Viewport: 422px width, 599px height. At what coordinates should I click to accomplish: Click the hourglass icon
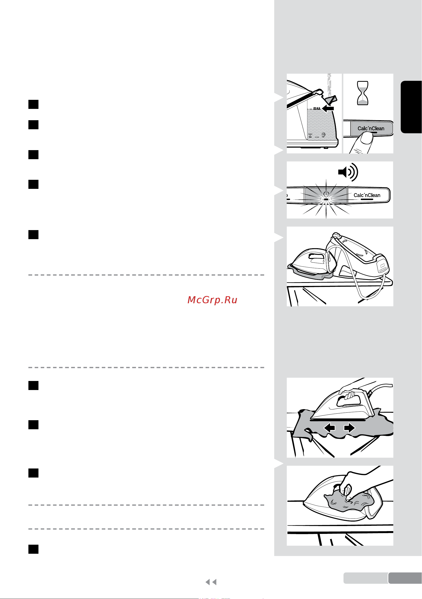(x=362, y=93)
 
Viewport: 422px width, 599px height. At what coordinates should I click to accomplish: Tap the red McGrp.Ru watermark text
(x=212, y=300)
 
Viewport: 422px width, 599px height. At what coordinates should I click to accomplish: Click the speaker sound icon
(x=348, y=172)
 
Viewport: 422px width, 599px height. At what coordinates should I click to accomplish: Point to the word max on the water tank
(x=317, y=108)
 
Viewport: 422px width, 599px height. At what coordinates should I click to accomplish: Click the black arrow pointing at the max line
(x=328, y=108)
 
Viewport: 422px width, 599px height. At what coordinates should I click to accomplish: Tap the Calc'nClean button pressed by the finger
(x=371, y=129)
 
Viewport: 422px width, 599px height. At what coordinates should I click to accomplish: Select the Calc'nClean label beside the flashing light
(x=367, y=195)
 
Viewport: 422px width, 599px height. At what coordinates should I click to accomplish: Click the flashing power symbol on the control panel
(x=326, y=194)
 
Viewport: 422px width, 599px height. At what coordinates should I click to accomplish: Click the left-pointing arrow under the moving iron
(x=330, y=428)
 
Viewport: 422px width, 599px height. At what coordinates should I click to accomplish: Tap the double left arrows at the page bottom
(x=211, y=582)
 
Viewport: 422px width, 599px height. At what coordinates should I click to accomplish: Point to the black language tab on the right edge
(x=411, y=107)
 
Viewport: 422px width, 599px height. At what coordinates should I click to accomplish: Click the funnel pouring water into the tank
(x=331, y=100)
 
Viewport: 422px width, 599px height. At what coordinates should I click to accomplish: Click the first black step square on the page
(x=33, y=104)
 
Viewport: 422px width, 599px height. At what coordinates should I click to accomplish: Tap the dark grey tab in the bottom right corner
(x=405, y=578)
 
